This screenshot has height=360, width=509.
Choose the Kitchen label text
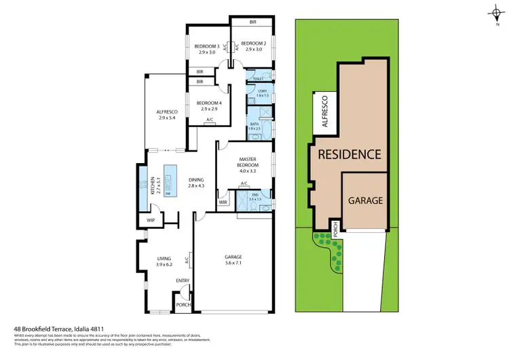click(x=153, y=184)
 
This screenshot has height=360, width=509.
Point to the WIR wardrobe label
click(x=223, y=202)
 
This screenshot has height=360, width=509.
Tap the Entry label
click(x=183, y=281)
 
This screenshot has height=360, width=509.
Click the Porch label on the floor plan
click(x=183, y=304)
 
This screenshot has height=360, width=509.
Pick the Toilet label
click(x=259, y=78)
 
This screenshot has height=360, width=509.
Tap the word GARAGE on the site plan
click(x=366, y=201)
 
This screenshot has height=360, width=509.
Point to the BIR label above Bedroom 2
click(x=252, y=22)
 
